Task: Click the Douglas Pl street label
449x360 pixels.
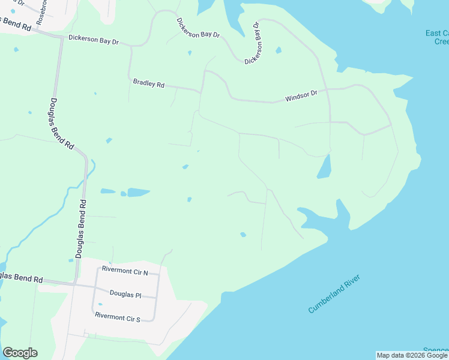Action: (x=125, y=293)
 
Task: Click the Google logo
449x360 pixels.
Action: (x=20, y=353)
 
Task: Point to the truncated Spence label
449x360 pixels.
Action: (x=435, y=350)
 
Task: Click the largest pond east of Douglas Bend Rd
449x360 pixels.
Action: (x=138, y=193)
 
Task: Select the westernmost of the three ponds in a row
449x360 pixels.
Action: (x=107, y=191)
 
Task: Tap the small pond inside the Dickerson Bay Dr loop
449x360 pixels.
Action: (x=279, y=50)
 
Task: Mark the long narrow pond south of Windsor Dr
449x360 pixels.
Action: (x=324, y=167)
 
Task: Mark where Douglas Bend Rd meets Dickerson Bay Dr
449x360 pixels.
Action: (x=61, y=37)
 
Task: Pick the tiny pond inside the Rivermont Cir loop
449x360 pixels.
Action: (x=100, y=304)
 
